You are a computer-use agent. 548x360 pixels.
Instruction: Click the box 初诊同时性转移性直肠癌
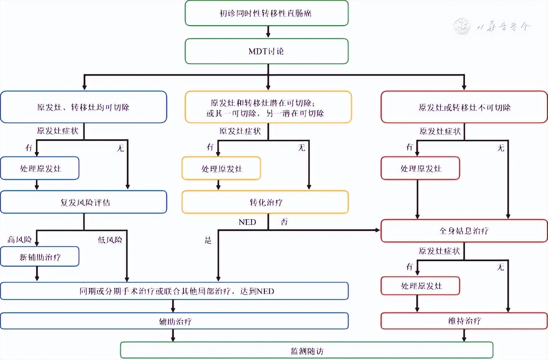pyautogui.click(x=266, y=13)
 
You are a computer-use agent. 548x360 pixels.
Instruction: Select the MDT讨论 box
pyautogui.click(x=266, y=51)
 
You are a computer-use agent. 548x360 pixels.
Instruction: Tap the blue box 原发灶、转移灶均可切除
pyautogui.click(x=83, y=107)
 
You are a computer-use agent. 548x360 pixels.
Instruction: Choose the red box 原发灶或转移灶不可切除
pyautogui.click(x=464, y=107)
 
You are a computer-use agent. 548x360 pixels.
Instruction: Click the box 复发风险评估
pyautogui.click(x=83, y=202)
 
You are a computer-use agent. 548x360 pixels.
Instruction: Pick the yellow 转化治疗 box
pyautogui.click(x=265, y=202)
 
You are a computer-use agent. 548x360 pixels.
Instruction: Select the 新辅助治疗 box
pyautogui.click(x=40, y=256)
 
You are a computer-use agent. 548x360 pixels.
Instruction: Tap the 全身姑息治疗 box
pyautogui.click(x=464, y=231)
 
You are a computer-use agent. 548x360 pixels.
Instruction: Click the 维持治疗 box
pyautogui.click(x=464, y=320)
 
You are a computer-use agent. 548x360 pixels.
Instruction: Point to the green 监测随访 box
pyautogui.click(x=306, y=350)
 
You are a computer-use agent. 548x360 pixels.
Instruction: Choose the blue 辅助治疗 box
pyautogui.click(x=174, y=321)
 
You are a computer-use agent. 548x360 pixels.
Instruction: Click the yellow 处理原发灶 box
pyautogui.click(x=221, y=168)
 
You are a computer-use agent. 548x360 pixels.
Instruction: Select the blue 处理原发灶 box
pyautogui.click(x=40, y=168)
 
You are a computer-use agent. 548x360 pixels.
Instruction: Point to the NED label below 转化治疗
pyautogui.click(x=247, y=222)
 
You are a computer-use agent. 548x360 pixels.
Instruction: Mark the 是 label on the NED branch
pyautogui.click(x=207, y=240)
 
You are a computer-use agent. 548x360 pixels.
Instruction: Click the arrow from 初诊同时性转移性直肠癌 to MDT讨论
pyautogui.click(x=267, y=32)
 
